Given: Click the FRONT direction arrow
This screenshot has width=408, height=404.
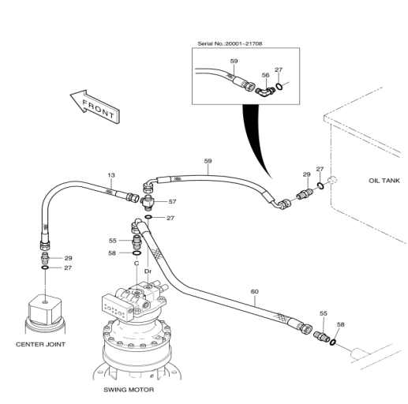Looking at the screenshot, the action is (95, 106).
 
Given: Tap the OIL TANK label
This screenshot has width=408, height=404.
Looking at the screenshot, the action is (384, 181).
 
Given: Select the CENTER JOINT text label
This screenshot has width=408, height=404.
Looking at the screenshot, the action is (40, 344).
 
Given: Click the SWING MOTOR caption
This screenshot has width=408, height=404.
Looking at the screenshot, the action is (129, 390).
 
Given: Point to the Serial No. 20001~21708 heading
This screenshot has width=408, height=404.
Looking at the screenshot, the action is (230, 43).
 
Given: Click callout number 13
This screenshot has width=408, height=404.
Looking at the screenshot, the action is (111, 175).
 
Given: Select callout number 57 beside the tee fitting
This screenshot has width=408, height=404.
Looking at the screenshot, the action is (172, 202).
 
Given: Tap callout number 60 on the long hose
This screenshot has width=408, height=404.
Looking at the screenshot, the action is (255, 291).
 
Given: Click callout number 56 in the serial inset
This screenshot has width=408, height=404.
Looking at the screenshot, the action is (266, 75).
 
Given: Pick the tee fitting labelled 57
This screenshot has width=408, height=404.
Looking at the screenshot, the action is (148, 202).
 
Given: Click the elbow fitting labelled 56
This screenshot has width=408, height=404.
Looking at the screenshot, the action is (265, 92).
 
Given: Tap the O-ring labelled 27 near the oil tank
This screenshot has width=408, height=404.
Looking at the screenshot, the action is (320, 185).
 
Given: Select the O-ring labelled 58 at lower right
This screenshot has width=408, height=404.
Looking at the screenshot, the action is (333, 342).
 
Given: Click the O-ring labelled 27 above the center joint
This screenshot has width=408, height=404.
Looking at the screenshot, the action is (45, 267).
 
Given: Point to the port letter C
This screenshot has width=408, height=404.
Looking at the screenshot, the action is (137, 264).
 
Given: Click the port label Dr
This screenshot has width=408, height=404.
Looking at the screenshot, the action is (148, 271).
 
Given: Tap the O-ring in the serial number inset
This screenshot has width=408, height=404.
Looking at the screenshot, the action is (279, 86).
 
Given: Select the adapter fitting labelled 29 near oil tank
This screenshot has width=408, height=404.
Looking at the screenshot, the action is (305, 193).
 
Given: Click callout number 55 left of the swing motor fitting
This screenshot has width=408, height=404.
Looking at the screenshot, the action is (113, 241).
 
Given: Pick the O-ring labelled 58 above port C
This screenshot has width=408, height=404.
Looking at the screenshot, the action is (137, 253).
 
